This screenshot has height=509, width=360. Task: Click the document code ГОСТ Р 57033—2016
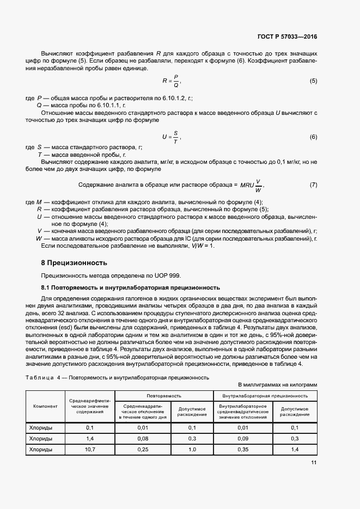(288, 36)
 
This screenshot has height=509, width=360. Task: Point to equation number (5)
(313, 81)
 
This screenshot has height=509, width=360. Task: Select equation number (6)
(313, 137)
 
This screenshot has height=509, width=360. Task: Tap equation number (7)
(313, 185)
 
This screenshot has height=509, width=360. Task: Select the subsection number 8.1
(46, 287)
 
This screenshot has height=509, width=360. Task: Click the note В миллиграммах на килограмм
(277, 384)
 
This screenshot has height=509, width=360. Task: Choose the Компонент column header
(46, 406)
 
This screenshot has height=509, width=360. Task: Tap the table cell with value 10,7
(90, 449)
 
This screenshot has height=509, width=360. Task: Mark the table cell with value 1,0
(192, 449)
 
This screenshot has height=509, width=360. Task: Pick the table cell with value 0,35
(242, 449)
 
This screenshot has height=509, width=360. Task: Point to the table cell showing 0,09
(242, 438)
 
